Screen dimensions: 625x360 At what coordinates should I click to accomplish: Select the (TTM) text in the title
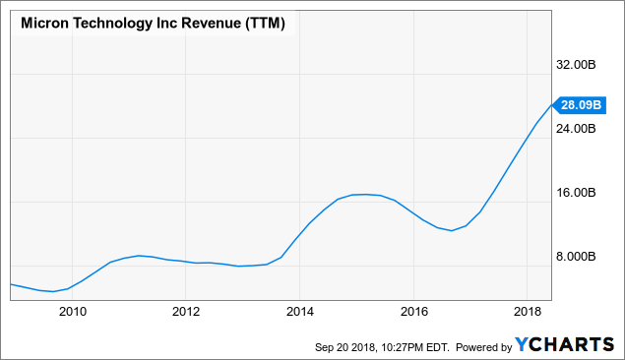[265, 24]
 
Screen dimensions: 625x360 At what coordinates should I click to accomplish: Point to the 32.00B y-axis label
[576, 65]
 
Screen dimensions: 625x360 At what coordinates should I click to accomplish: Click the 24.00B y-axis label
[576, 128]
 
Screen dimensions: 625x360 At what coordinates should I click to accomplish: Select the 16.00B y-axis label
[576, 193]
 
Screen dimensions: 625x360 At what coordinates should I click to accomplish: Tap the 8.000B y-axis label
[576, 256]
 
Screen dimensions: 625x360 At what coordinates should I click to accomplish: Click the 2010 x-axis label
[73, 312]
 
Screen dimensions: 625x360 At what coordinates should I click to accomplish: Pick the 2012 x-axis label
[186, 312]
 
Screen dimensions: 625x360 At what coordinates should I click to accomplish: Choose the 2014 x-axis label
[300, 312]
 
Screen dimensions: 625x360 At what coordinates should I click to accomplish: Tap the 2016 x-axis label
[414, 312]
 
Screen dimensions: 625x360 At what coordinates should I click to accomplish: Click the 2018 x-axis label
[528, 312]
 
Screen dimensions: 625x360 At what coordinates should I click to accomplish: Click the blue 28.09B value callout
[580, 105]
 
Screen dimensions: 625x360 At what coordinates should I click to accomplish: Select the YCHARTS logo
[564, 345]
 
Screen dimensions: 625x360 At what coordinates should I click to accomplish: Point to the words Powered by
[483, 347]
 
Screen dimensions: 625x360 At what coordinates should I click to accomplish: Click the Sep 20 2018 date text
[345, 347]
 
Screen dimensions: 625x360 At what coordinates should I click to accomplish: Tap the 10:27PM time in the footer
[401, 347]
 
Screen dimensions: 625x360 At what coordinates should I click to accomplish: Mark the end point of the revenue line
[551, 105]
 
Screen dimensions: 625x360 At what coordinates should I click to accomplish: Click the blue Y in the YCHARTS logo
[522, 345]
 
